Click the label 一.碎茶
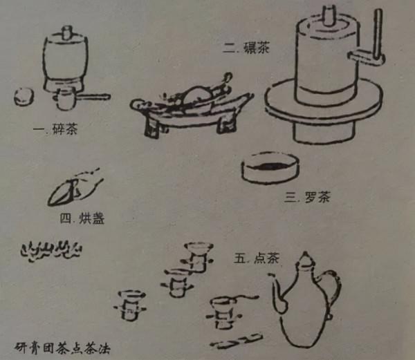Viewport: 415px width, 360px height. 60,129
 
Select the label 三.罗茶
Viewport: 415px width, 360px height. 307,197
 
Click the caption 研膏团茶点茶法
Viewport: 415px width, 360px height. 62,343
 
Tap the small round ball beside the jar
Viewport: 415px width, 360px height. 24,95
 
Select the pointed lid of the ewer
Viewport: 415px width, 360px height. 305,260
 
